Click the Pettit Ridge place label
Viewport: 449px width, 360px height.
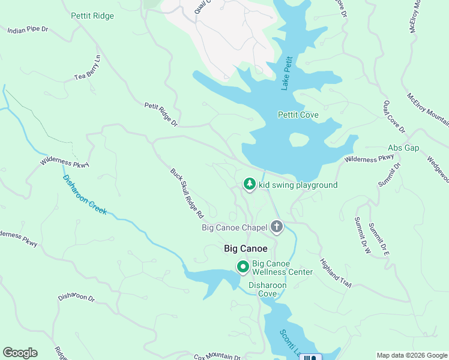(92, 16)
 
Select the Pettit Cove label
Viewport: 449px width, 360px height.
(298, 115)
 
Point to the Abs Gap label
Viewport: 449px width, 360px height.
(403, 148)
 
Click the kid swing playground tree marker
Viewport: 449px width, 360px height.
(249, 184)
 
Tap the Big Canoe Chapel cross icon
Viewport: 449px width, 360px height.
(277, 227)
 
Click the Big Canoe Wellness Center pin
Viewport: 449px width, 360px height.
(243, 266)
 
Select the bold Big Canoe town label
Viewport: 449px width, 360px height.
(245, 248)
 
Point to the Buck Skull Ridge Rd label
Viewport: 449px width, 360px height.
(187, 193)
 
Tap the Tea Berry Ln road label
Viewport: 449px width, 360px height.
(88, 68)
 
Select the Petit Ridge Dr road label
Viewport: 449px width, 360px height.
(161, 114)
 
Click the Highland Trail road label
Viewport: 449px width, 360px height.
(335, 272)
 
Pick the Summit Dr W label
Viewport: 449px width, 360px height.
(362, 235)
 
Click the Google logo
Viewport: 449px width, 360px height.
(20, 353)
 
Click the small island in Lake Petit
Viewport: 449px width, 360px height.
(299, 139)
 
